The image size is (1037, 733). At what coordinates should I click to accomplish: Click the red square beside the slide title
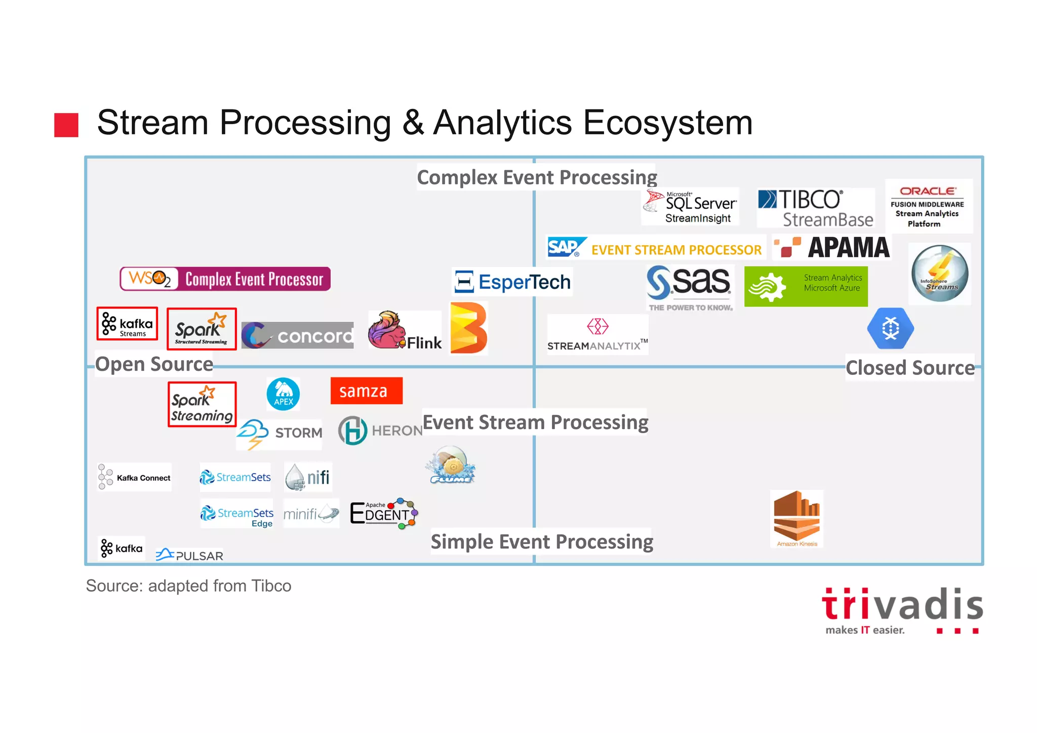tap(66, 125)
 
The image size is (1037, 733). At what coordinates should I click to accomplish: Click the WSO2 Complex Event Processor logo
tap(225, 279)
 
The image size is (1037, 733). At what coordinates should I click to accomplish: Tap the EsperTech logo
tap(512, 282)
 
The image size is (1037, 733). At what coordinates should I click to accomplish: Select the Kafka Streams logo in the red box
tap(127, 324)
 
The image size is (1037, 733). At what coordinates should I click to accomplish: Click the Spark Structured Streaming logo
tap(202, 329)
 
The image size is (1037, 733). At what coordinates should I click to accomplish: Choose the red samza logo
tap(366, 391)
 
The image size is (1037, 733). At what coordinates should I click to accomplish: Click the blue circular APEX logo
tap(283, 394)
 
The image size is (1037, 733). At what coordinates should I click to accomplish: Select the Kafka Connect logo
tap(135, 477)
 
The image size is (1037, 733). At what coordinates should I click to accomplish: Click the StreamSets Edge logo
tap(237, 515)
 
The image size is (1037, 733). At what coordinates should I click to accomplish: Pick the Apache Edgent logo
tap(384, 513)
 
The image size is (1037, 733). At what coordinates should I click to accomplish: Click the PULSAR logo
tap(189, 555)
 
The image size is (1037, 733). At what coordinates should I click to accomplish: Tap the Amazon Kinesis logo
tap(796, 518)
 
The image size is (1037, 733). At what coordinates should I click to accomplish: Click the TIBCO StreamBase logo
tap(815, 208)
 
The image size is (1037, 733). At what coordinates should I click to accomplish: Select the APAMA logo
tap(832, 247)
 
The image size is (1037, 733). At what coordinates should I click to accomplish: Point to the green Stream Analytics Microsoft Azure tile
tap(806, 286)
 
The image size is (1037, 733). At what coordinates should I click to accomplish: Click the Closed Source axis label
tap(910, 368)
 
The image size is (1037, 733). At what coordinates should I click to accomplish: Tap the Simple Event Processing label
tap(541, 542)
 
